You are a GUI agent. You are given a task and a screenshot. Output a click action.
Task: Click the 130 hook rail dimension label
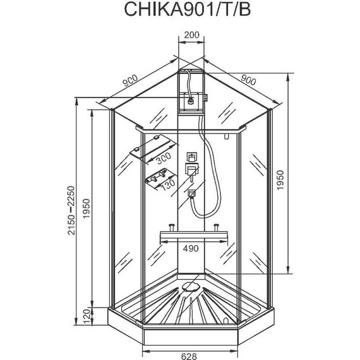click(167, 183)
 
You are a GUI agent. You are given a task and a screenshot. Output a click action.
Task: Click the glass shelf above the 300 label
click(146, 152)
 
